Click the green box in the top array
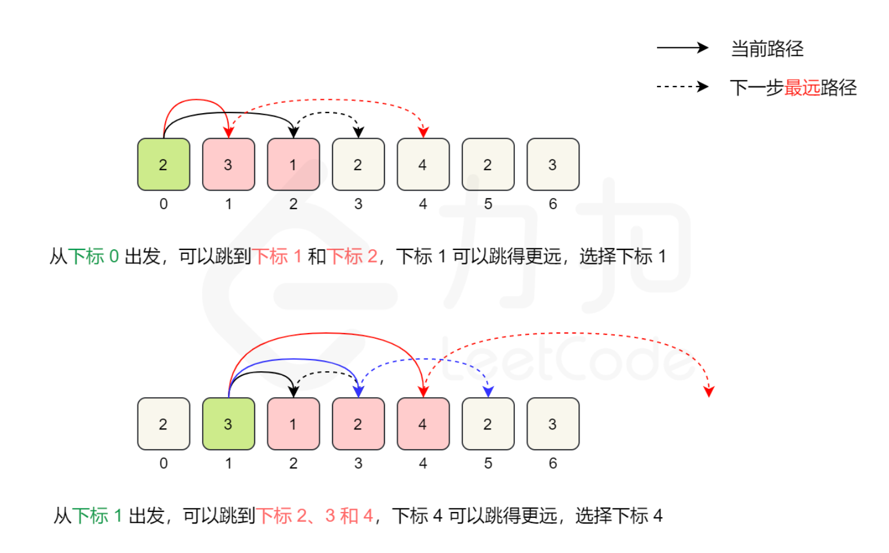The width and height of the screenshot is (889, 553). tap(163, 165)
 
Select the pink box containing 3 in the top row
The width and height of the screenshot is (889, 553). tap(229, 165)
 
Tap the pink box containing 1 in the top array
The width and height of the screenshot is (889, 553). tap(293, 165)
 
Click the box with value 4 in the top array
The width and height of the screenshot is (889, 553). tap(423, 165)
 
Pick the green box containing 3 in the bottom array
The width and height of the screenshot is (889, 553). tap(229, 424)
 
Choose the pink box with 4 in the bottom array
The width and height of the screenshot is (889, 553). tap(423, 424)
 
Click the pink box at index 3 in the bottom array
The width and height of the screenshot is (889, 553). tap(358, 424)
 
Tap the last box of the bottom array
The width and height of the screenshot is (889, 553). tap(553, 424)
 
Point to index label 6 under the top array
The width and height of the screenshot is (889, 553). tap(553, 204)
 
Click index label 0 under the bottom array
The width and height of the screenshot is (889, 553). tap(163, 463)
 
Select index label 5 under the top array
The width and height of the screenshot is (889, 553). tap(488, 204)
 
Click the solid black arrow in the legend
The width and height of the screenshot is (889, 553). tap(682, 48)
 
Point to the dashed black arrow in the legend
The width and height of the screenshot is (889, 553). tap(682, 87)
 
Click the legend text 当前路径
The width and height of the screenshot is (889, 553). tap(767, 48)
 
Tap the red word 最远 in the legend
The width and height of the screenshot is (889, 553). tap(802, 88)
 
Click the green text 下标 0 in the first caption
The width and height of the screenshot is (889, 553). tap(94, 256)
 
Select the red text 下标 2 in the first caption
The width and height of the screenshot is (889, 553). tap(352, 256)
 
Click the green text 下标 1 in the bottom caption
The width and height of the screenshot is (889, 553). tap(97, 515)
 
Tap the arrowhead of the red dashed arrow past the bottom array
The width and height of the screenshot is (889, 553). tap(709, 392)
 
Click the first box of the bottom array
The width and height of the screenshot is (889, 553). tap(163, 424)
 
